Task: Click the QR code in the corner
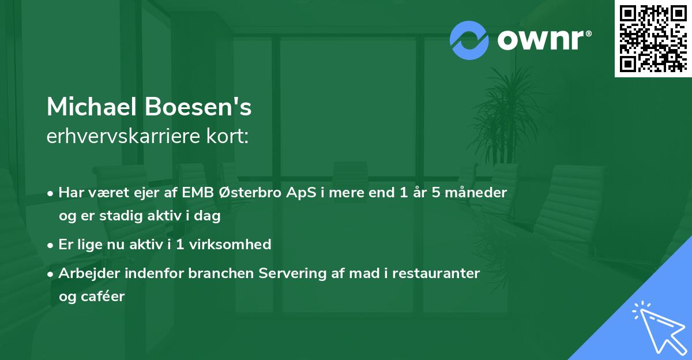pyautogui.click(x=653, y=38)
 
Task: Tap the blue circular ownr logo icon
pyautogui.click(x=469, y=40)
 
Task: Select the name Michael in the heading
pyautogui.click(x=92, y=107)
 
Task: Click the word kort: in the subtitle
pyautogui.click(x=228, y=136)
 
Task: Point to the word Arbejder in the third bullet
pyautogui.click(x=86, y=273)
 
